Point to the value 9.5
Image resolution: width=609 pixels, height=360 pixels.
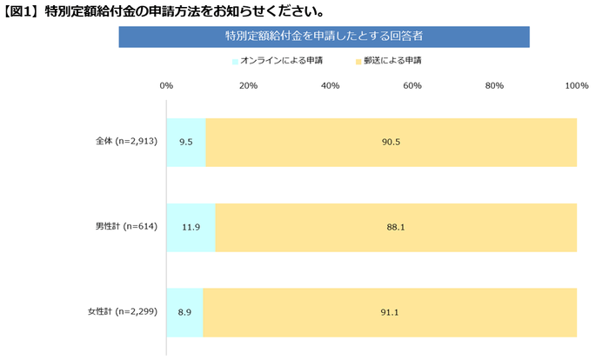[184, 142]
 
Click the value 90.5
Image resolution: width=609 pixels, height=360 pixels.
[391, 142]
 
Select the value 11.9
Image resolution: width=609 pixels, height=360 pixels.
[190, 227]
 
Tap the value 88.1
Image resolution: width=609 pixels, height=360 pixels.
[396, 227]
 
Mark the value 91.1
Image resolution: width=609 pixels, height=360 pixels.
[390, 311]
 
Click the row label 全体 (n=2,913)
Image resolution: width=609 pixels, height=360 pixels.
[125, 142]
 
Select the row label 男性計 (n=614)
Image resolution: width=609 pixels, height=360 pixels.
[126, 227]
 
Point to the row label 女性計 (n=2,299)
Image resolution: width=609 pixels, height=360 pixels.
[122, 311]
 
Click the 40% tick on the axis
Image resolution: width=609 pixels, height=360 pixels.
[331, 86]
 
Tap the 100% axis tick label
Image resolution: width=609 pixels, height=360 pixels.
[576, 86]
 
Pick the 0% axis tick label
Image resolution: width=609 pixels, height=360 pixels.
[167, 86]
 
